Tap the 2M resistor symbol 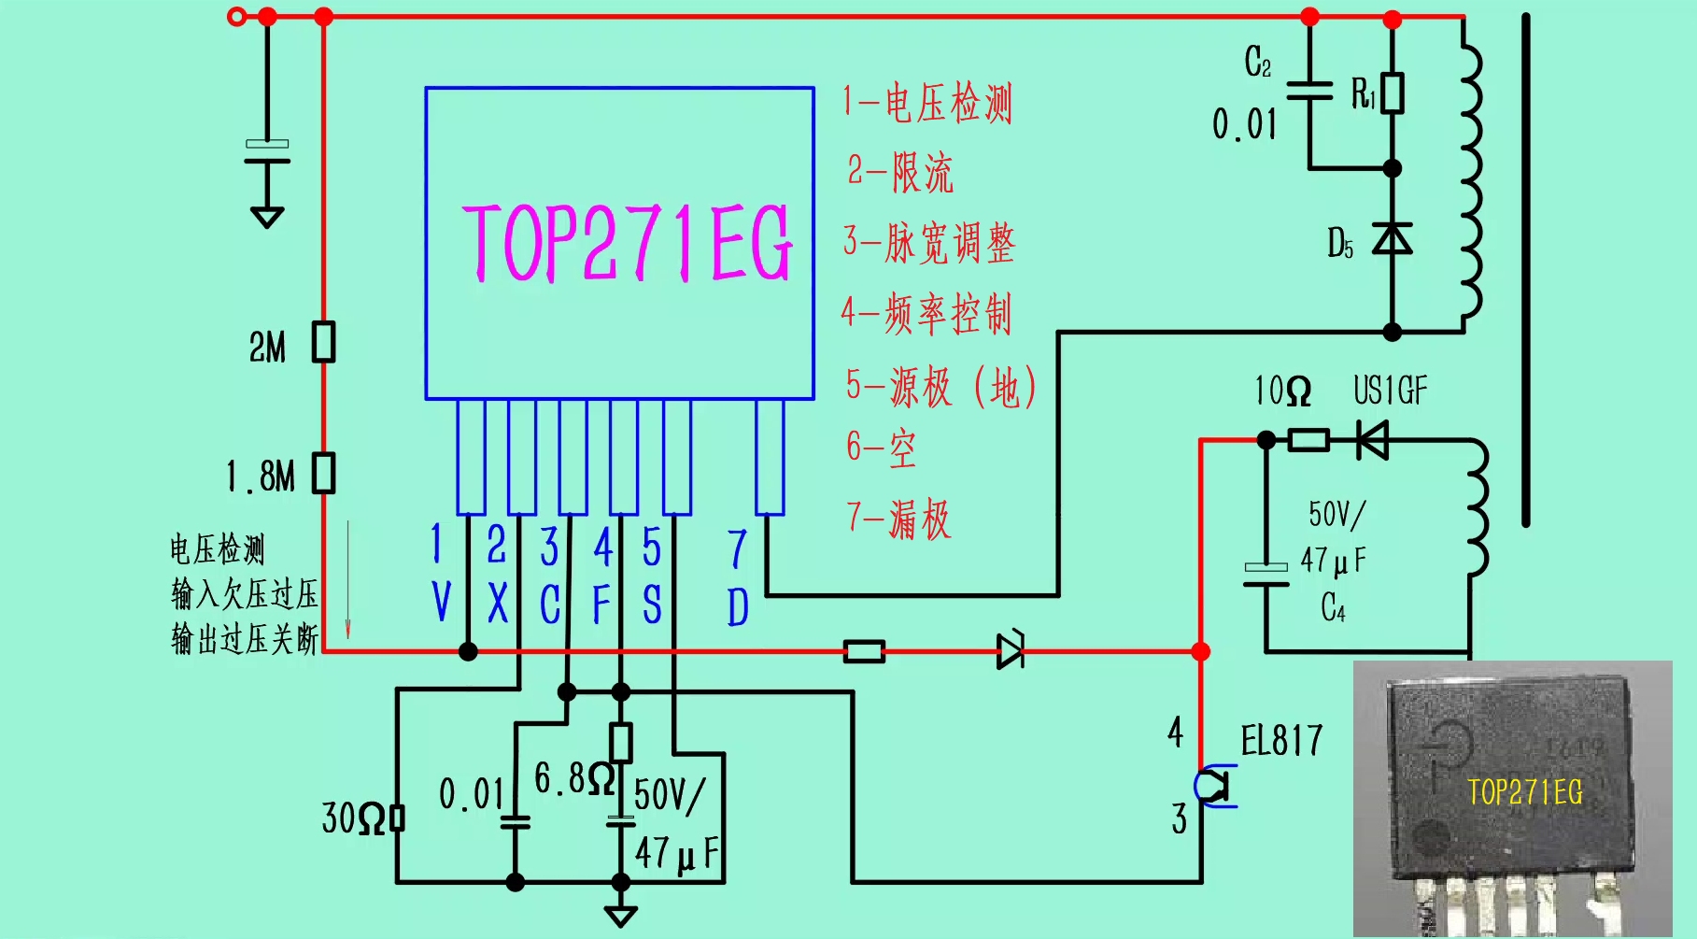tap(324, 342)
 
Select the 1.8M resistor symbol tap(324, 473)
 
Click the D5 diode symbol tap(1392, 239)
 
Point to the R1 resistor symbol tap(1392, 93)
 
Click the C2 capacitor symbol tap(1309, 91)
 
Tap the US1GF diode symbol tap(1372, 439)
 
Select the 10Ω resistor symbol tap(1308, 439)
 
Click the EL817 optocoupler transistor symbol tap(1214, 786)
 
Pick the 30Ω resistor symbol tap(397, 818)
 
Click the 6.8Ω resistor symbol tap(620, 743)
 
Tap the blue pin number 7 tap(737, 549)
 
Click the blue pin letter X tap(498, 604)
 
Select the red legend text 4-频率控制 tap(926, 314)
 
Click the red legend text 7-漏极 tap(898, 519)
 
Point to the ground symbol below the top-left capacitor tap(267, 217)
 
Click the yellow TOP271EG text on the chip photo tap(1524, 792)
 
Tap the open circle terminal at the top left tap(237, 16)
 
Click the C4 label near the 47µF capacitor tap(1333, 608)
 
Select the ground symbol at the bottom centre tap(620, 916)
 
